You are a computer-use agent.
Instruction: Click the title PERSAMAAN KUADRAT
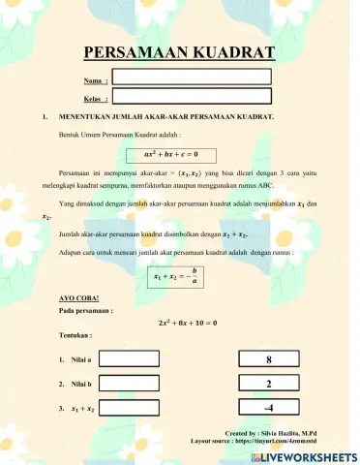click(179, 52)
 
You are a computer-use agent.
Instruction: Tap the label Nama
click(94, 81)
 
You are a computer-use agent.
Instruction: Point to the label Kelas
click(94, 99)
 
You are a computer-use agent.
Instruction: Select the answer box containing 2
click(268, 384)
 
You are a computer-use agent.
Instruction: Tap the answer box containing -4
click(268, 408)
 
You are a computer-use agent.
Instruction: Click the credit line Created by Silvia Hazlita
click(284, 433)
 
